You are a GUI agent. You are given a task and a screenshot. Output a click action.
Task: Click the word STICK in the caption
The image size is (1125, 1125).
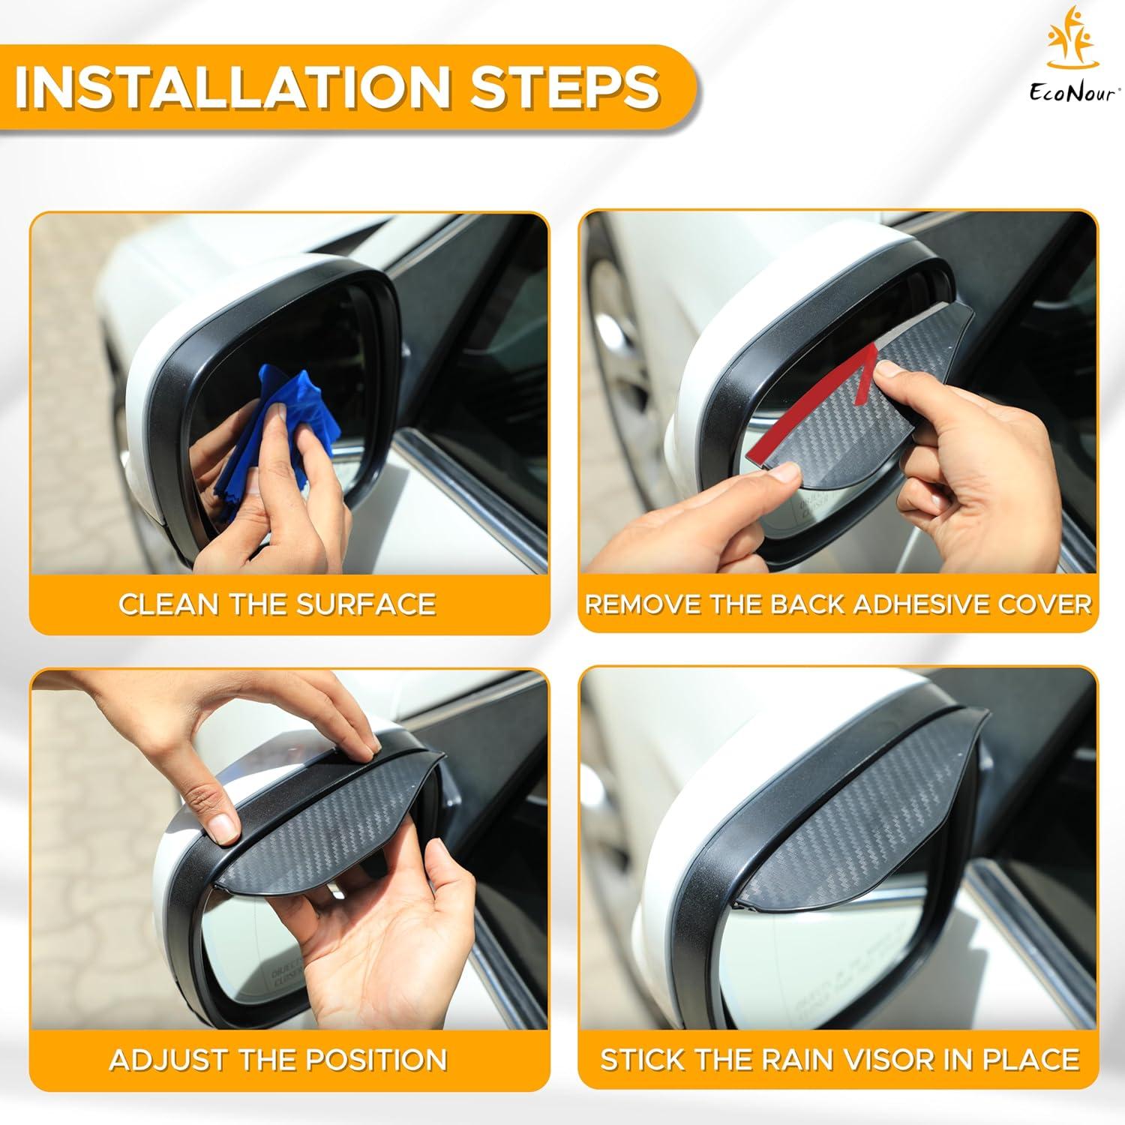637,1060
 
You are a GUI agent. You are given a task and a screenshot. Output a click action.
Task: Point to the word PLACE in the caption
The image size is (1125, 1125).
1035,1060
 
